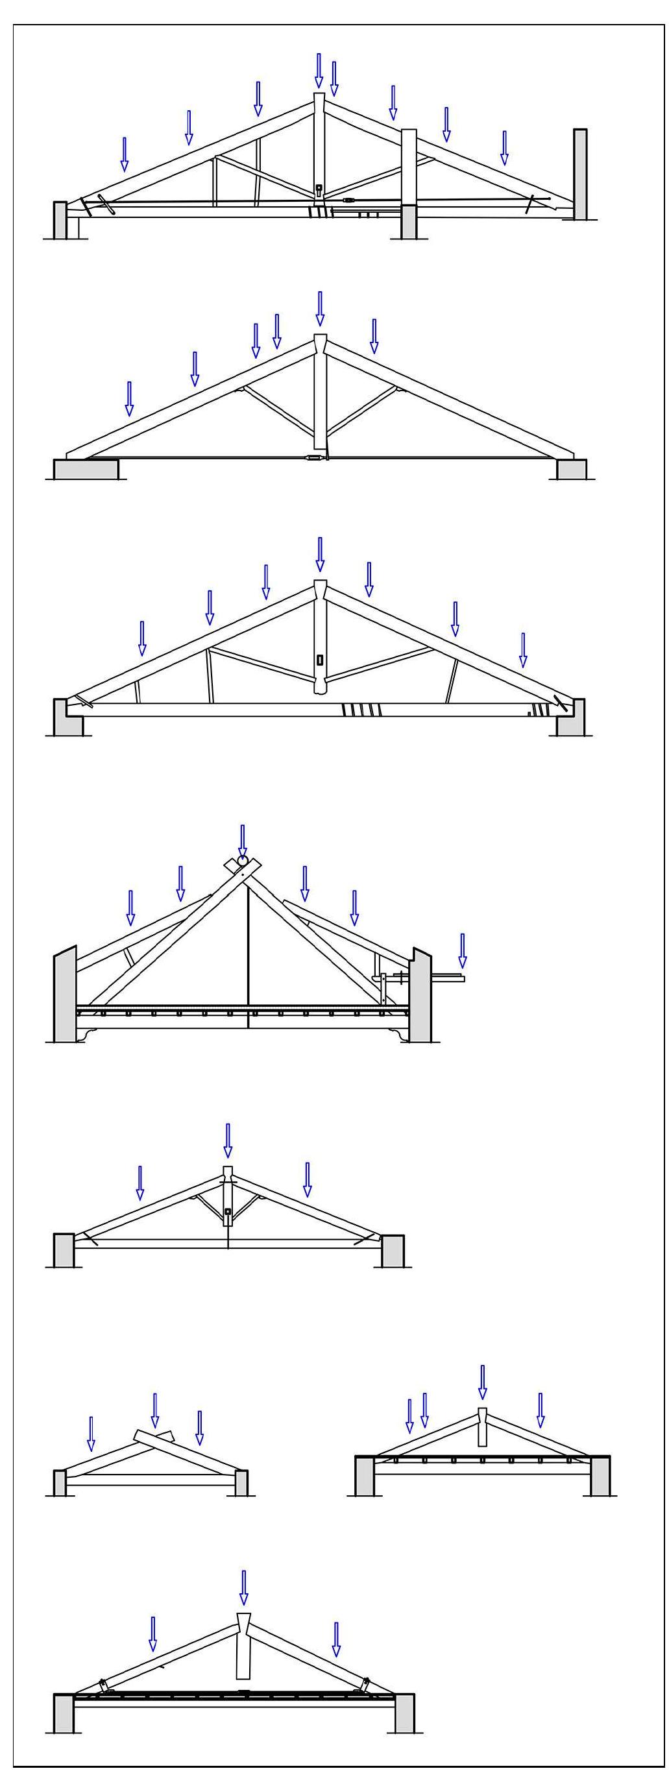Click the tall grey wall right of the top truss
coord(579,175)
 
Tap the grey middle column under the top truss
coord(408,221)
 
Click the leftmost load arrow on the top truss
coord(125,153)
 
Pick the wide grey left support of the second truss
coord(86,470)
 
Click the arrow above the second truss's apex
coord(320,307)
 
